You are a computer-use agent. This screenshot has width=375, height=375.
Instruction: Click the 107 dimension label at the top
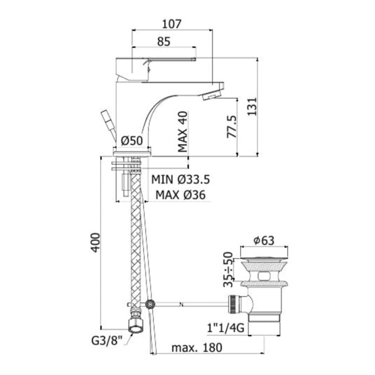coord(172,24)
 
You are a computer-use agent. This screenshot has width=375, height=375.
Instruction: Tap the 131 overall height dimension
coord(252,106)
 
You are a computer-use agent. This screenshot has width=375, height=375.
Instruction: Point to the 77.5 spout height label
coord(231,127)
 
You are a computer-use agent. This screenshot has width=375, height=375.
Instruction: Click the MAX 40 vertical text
coord(183,132)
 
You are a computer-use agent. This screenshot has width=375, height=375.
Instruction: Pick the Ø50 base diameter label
coord(132,141)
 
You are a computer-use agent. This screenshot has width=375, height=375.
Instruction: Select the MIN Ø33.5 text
coord(180,179)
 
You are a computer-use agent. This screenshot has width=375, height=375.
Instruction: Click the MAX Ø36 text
coord(180,195)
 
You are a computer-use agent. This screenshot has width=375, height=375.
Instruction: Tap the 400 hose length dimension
coord(96,242)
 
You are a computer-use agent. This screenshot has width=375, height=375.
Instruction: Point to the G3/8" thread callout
coord(107,341)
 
